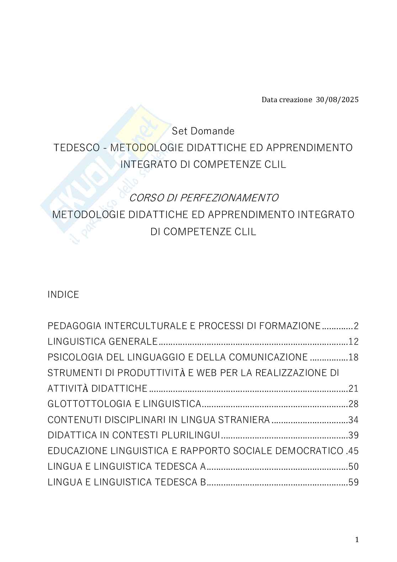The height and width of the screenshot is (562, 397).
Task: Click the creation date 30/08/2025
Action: [337, 100]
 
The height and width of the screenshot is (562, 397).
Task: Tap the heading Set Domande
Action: [203, 131]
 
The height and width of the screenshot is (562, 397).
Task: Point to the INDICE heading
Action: [63, 295]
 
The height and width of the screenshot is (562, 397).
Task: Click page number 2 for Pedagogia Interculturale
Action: [356, 326]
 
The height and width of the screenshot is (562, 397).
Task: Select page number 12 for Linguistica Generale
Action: [354, 342]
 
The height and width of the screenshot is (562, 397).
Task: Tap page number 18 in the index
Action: [354, 357]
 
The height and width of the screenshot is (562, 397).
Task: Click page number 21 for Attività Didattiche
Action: [354, 388]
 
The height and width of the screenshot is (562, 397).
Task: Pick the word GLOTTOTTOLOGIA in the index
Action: [85, 404]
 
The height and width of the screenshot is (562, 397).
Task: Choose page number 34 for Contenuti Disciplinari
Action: [354, 420]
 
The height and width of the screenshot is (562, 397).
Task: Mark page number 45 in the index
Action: [354, 451]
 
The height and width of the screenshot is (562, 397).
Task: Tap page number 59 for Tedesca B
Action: [354, 482]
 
